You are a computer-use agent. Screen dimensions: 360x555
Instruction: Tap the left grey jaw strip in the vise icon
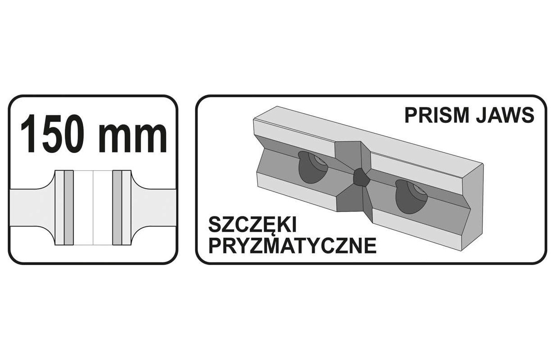coord(68,207)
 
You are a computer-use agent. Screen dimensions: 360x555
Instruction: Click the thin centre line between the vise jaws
coord(93,207)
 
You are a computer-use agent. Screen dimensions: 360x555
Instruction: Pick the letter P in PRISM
coord(410,115)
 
